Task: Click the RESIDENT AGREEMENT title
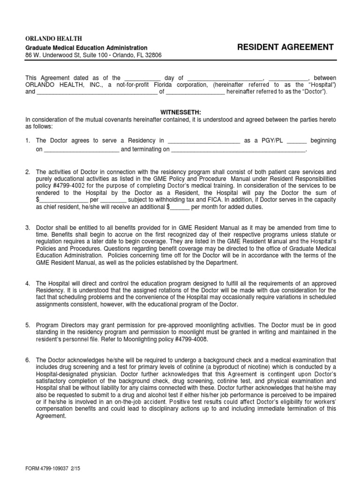pyautogui.click(x=285, y=47)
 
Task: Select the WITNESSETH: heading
pyautogui.click(x=180, y=113)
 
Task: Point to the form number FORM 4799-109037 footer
pyautogui.click(x=53, y=468)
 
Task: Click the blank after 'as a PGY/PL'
pyautogui.click(x=296, y=141)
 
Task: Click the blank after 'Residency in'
pyautogui.click(x=203, y=141)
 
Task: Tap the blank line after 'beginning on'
pyautogui.click(x=82, y=150)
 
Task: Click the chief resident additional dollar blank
pyautogui.click(x=180, y=207)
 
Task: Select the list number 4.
pyautogui.click(x=28, y=284)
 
